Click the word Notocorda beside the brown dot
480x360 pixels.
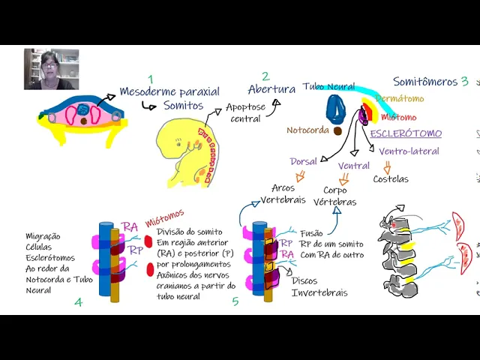point(307,130)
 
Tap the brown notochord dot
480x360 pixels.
point(337,130)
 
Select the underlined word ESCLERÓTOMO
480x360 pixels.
point(406,133)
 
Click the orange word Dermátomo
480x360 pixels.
point(399,99)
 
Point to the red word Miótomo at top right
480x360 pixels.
point(399,117)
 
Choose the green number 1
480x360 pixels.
point(150,79)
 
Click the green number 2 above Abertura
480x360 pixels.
point(265,76)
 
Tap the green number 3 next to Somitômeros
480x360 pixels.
point(465,82)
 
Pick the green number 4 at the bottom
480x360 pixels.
point(78,302)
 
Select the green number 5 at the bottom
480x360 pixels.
point(235,301)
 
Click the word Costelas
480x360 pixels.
point(391,179)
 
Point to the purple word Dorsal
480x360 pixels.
point(304,161)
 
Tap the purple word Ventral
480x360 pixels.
point(353,166)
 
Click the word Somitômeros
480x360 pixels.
point(425,82)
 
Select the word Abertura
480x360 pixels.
point(271,89)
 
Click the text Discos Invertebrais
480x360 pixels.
point(319,287)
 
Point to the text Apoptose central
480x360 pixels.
point(245,113)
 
